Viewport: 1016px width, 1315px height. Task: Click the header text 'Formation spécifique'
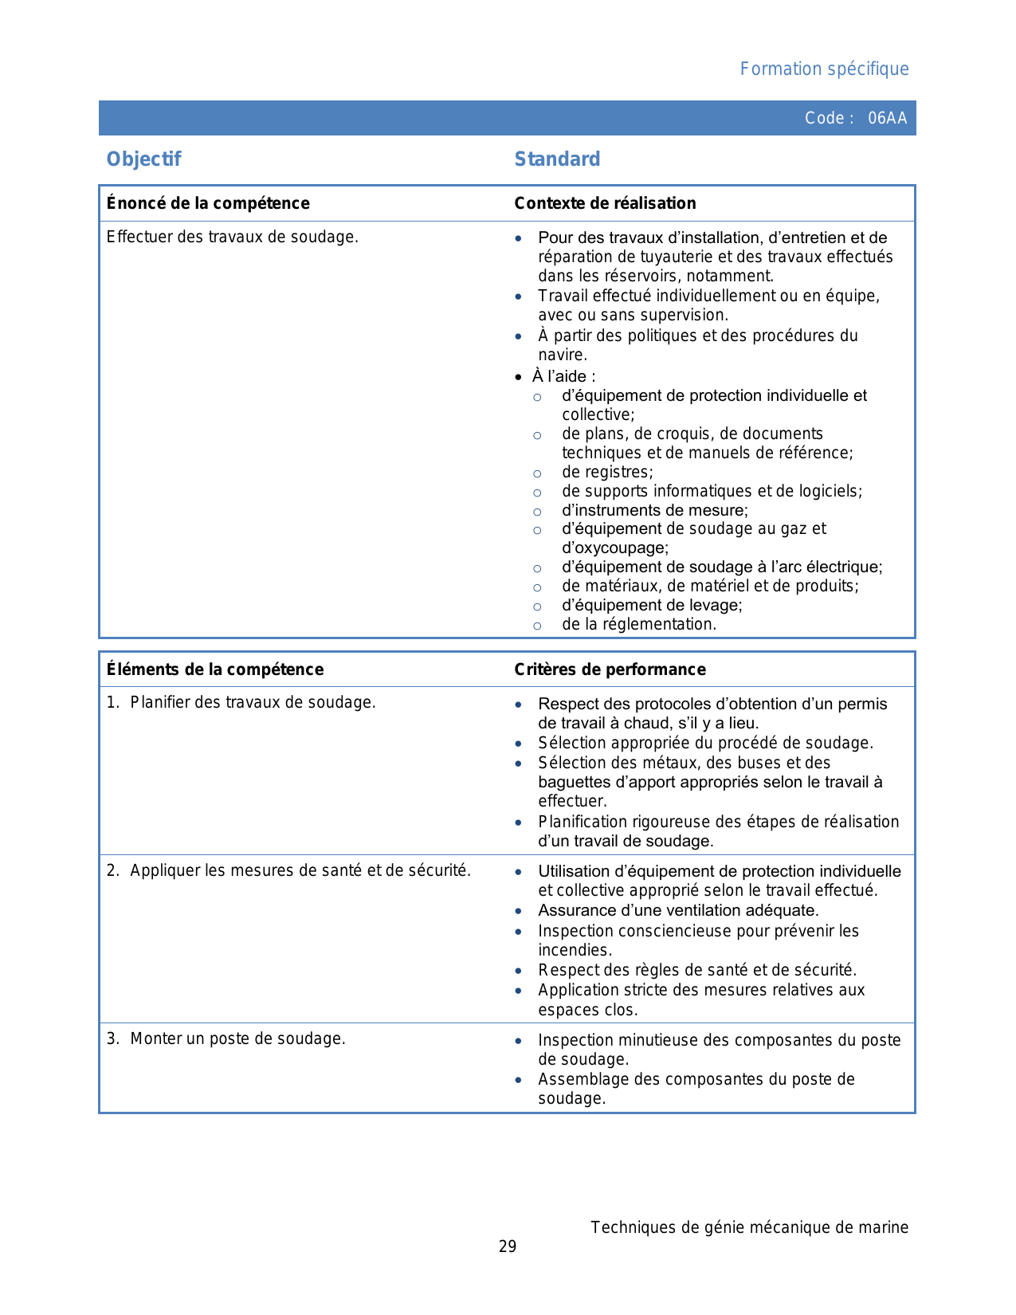coord(824,69)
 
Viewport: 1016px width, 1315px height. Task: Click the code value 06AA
coord(887,118)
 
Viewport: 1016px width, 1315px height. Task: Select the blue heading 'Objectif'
coord(144,159)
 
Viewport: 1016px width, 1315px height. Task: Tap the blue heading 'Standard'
coord(557,159)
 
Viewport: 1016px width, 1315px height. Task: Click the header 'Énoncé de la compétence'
coord(208,203)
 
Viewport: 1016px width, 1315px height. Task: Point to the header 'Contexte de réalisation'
coord(605,203)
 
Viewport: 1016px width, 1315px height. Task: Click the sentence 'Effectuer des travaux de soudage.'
coord(232,237)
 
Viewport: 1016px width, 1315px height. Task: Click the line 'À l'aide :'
coord(563,376)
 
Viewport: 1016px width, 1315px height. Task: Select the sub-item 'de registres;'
coord(607,472)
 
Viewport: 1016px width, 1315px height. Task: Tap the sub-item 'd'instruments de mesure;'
coord(655,510)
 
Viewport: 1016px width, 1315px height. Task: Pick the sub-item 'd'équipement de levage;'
coord(652,605)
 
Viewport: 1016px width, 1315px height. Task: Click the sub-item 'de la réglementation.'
coord(639,624)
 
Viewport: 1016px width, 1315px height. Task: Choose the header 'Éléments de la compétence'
coord(215,669)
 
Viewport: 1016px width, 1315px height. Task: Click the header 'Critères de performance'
coord(610,669)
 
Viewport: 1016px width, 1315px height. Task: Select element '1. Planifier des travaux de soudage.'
coord(241,702)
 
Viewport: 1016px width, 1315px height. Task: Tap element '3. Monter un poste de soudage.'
coord(226,1038)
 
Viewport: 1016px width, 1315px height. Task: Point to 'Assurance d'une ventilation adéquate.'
coord(678,910)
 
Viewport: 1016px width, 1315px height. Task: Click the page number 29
coord(508,1246)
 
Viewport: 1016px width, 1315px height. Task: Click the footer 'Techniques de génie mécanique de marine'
coord(749,1227)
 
